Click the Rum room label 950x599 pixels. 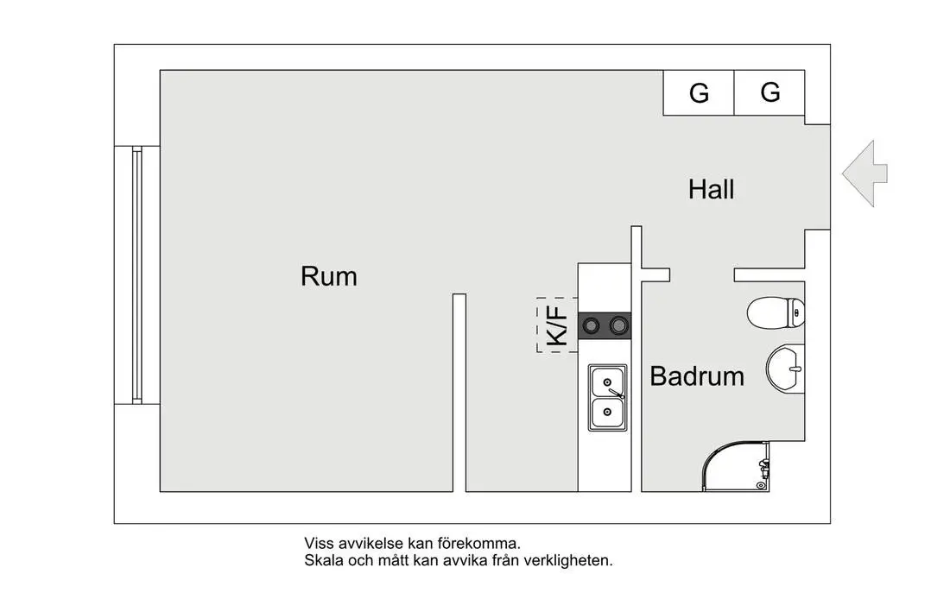[329, 276]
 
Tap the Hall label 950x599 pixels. [712, 190]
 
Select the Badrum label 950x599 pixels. [697, 376]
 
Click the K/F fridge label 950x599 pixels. [558, 325]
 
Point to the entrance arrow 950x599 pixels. [864, 173]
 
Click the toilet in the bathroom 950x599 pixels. [776, 312]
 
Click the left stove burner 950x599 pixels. [591, 326]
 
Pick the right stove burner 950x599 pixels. [618, 326]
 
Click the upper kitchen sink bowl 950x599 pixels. [607, 381]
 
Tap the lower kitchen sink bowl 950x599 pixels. [607, 413]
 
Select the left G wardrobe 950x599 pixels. [699, 92]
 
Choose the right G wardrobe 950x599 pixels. [769, 92]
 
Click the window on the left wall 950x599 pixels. [137, 275]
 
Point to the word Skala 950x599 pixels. [323, 561]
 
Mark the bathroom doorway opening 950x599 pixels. [702, 275]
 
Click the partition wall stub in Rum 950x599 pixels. [459, 393]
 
